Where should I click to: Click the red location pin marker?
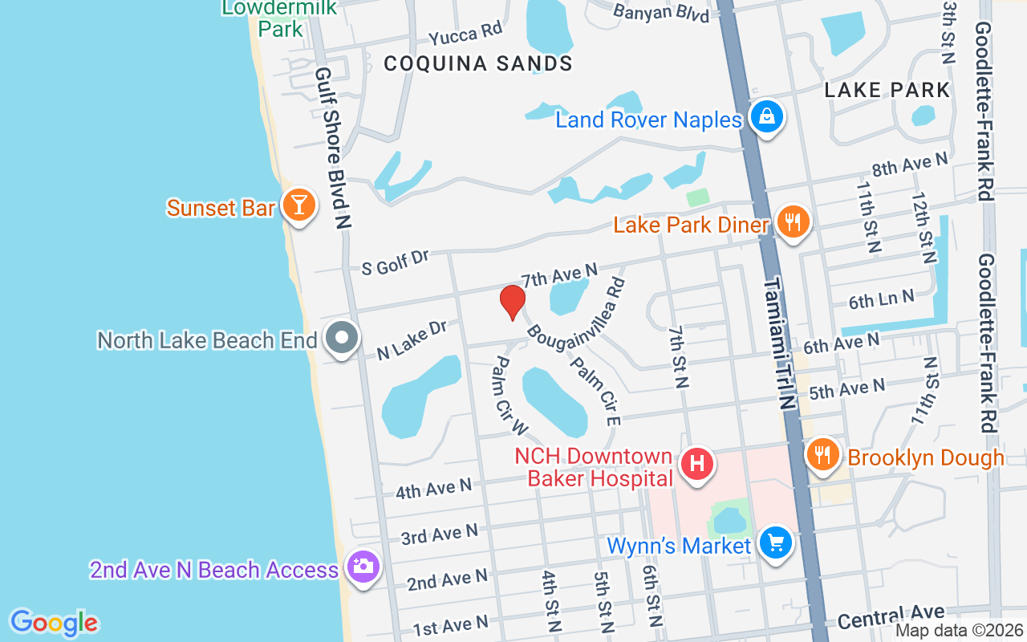click(x=512, y=303)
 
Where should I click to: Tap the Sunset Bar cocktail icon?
click(x=298, y=206)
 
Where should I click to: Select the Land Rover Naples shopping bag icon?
click(x=767, y=118)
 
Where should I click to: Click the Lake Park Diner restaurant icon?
click(x=793, y=222)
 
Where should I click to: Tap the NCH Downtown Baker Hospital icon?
click(x=697, y=465)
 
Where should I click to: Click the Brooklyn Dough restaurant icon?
click(x=822, y=456)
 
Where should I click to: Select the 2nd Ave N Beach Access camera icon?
click(x=363, y=567)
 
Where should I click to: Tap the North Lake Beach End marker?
click(x=343, y=338)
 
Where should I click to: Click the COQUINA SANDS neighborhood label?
click(x=478, y=63)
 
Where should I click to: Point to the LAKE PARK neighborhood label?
click(x=887, y=90)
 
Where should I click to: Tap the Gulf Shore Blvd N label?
click(x=333, y=148)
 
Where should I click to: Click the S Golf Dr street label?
click(x=395, y=262)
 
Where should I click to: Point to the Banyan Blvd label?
click(x=661, y=13)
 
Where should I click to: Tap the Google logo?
click(x=55, y=623)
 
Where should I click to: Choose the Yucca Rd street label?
click(x=465, y=35)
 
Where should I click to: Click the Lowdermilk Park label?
click(x=279, y=18)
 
